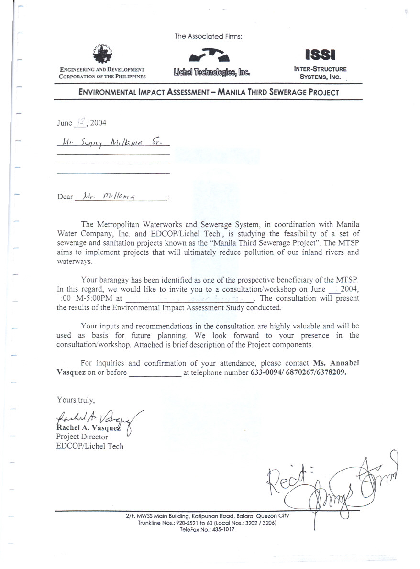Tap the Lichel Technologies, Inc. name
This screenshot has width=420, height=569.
click(x=212, y=73)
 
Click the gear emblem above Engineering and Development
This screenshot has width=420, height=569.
click(x=101, y=55)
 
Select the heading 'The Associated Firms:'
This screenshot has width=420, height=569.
click(x=209, y=36)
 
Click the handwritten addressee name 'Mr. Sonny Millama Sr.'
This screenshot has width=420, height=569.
click(x=113, y=142)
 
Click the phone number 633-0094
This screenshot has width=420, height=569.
click(x=265, y=372)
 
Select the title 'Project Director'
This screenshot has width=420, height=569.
click(x=82, y=437)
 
